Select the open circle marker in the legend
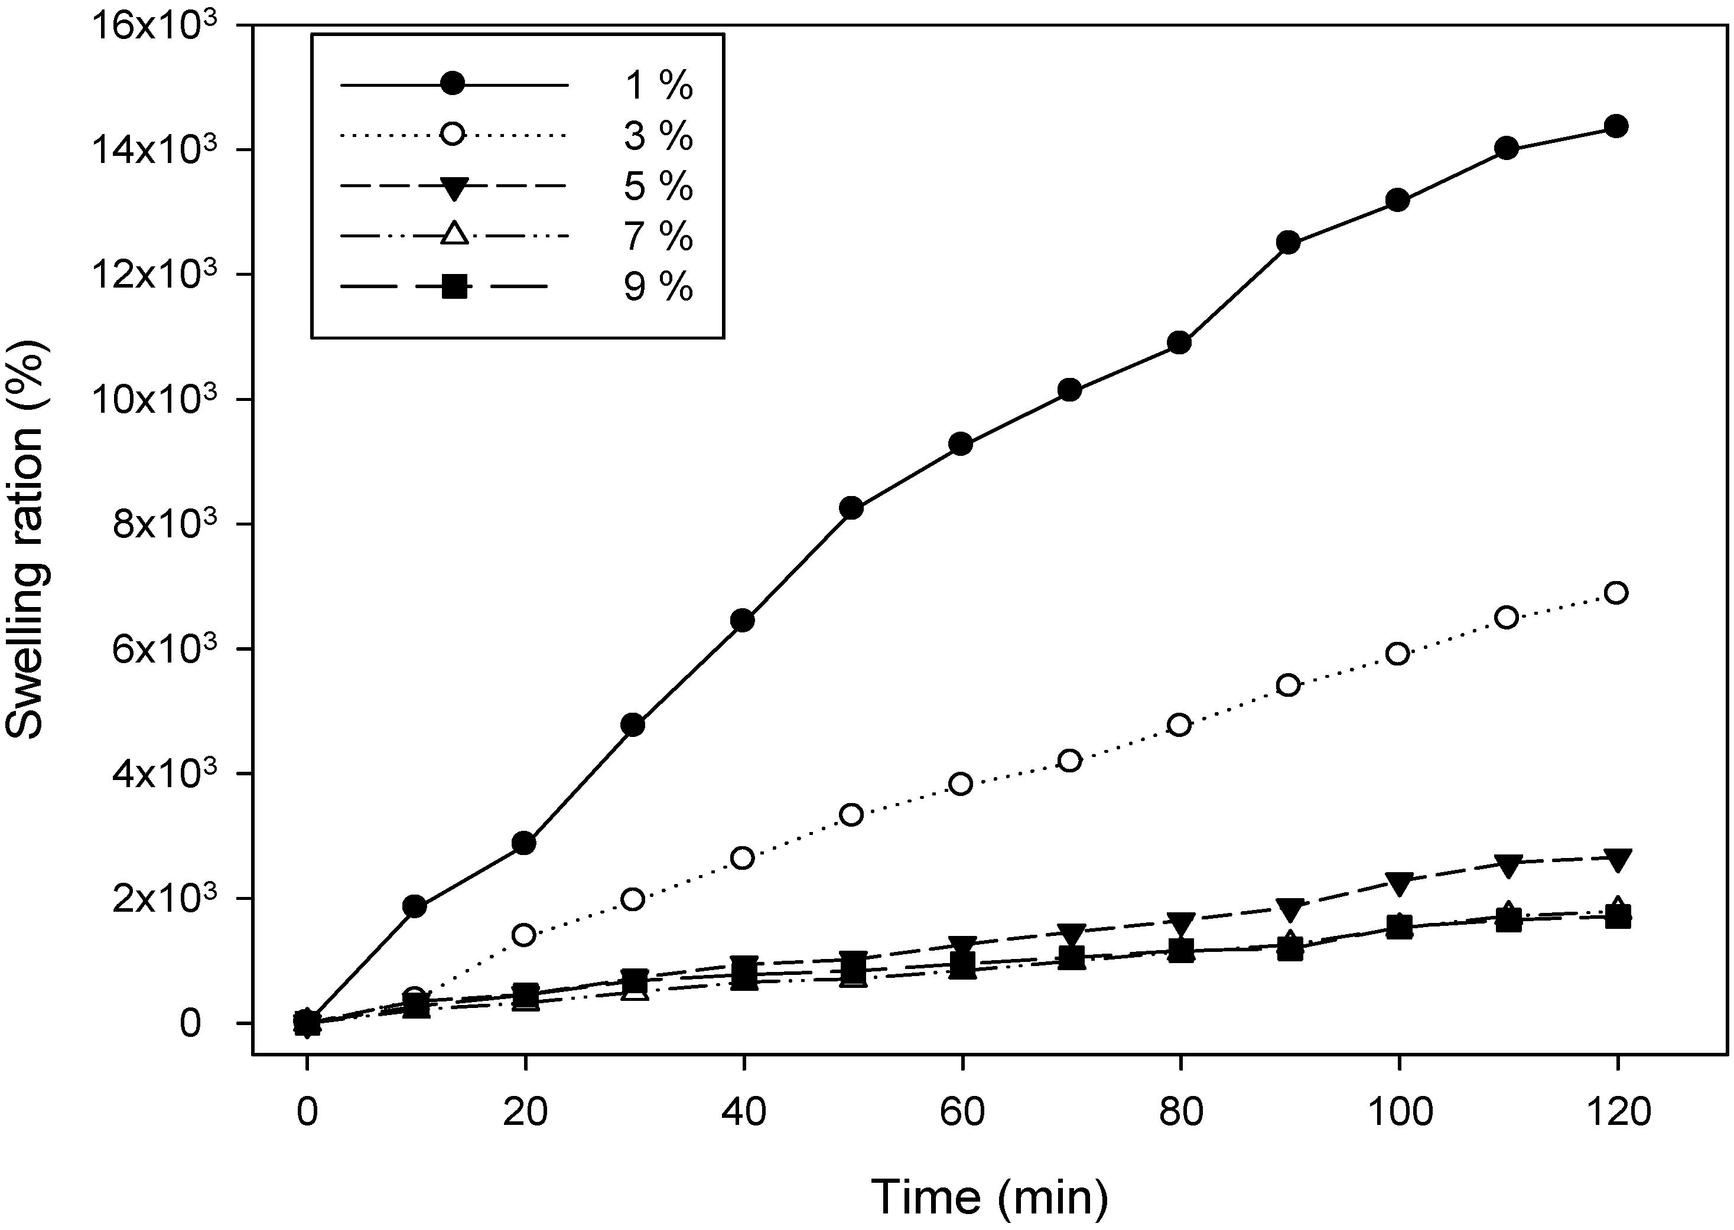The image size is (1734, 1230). click(453, 135)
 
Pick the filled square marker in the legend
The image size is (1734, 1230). click(453, 287)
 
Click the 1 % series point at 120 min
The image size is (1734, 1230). click(1617, 126)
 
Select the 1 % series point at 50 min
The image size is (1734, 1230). click(852, 508)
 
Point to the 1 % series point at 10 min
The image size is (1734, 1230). click(415, 906)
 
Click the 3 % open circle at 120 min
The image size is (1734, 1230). click(1617, 593)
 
